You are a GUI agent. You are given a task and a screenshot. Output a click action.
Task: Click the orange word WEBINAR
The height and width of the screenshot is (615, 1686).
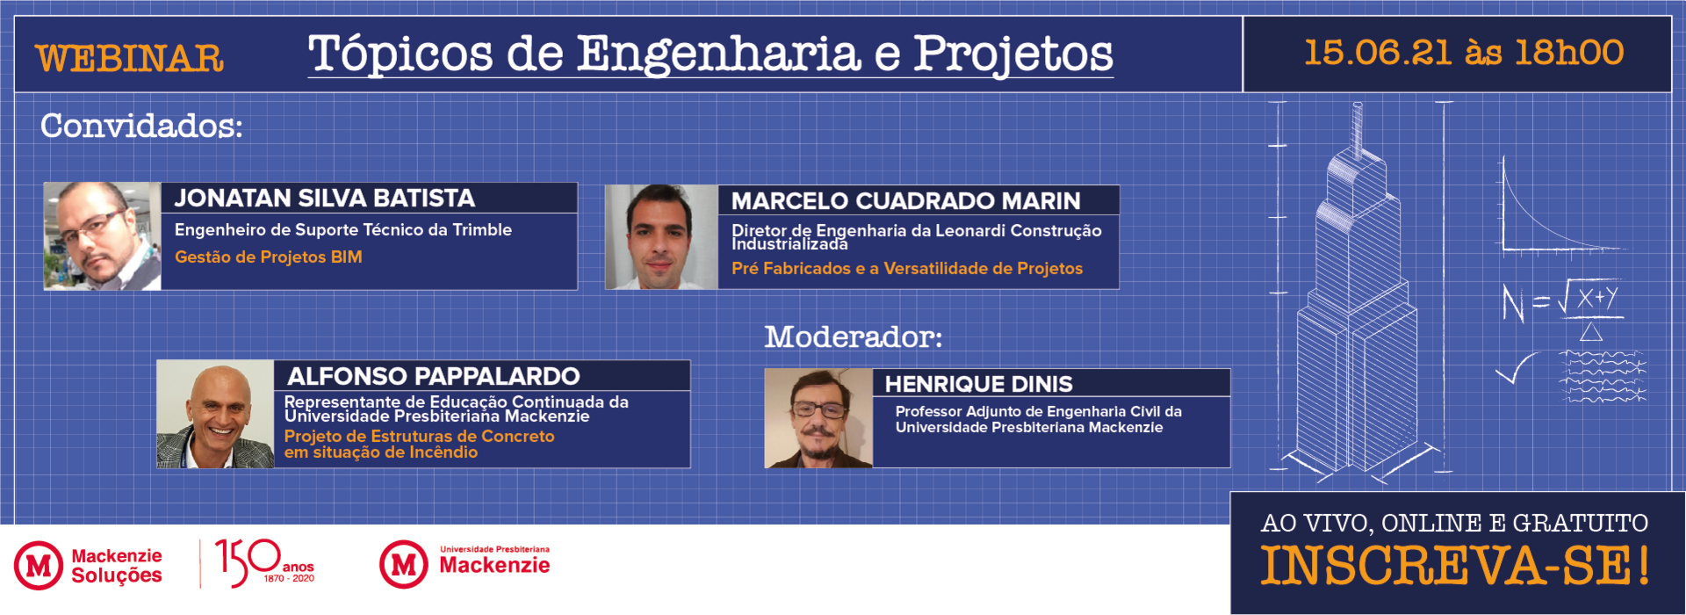click(x=130, y=59)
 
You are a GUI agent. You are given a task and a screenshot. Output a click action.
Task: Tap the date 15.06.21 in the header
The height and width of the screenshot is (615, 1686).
click(x=1377, y=53)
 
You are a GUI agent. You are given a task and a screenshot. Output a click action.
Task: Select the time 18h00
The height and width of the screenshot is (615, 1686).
click(x=1569, y=53)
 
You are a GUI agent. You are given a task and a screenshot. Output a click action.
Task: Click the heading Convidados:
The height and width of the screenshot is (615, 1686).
click(x=141, y=126)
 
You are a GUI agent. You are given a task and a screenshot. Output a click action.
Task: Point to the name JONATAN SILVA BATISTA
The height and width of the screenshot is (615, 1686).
click(x=325, y=198)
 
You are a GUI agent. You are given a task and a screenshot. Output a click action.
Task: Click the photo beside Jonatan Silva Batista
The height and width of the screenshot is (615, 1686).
click(x=102, y=236)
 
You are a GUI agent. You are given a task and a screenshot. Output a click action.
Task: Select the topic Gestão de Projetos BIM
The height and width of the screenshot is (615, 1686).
click(x=269, y=257)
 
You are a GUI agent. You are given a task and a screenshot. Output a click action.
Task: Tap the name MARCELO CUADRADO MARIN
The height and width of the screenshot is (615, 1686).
click(x=906, y=201)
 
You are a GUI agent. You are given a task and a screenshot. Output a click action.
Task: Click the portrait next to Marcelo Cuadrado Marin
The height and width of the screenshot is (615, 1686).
click(x=661, y=237)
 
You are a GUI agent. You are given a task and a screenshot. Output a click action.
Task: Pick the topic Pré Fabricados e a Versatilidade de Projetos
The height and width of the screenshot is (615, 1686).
click(x=907, y=269)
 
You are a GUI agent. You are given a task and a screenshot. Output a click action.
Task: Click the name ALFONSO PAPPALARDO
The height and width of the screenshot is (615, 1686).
click(x=434, y=377)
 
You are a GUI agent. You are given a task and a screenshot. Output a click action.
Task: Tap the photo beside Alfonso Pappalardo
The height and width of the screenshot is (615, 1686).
click(x=215, y=414)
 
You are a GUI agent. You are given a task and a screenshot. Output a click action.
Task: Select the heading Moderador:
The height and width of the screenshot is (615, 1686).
click(x=854, y=336)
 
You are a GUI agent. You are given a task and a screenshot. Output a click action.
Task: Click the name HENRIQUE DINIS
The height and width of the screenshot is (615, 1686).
click(x=979, y=384)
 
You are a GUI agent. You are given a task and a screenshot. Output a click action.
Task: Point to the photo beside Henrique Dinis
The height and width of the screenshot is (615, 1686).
click(x=818, y=418)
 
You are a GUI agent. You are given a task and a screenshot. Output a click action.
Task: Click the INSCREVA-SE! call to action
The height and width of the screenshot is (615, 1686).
click(x=1455, y=566)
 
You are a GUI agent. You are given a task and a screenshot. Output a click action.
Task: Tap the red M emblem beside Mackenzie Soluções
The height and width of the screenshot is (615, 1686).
click(x=38, y=565)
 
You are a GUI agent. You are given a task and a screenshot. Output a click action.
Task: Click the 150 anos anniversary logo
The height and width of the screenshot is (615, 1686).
click(x=264, y=563)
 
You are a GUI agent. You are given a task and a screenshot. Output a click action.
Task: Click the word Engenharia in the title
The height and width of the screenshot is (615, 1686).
click(x=718, y=54)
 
